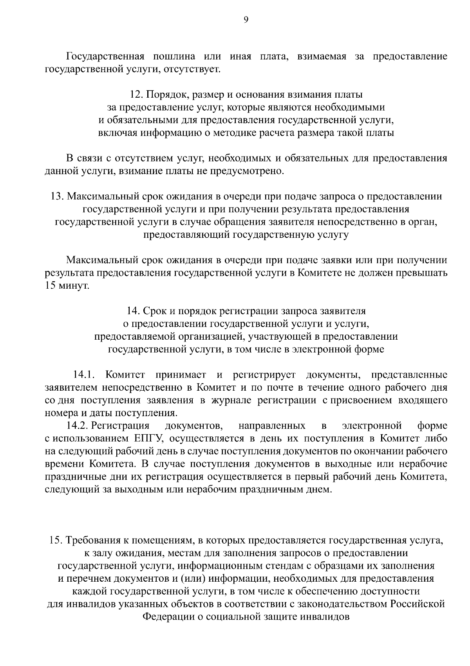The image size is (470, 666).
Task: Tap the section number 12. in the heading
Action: coord(137,95)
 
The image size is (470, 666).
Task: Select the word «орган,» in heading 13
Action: coord(423,222)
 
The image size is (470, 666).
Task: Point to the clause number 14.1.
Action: coord(85,375)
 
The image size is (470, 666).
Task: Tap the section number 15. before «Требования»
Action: coord(56,540)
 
